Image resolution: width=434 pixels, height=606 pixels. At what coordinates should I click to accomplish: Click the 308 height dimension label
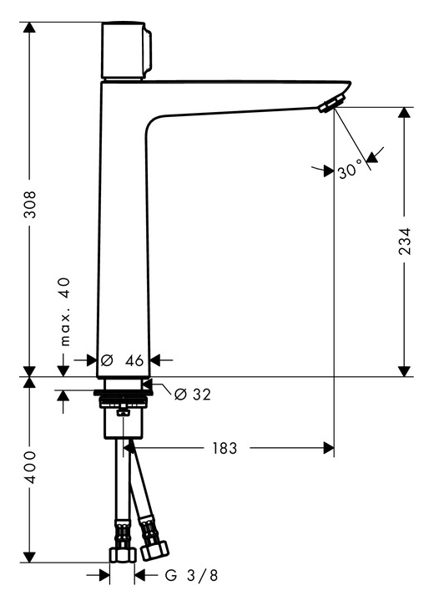click(x=30, y=204)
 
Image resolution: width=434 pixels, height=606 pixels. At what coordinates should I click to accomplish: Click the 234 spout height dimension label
click(x=404, y=242)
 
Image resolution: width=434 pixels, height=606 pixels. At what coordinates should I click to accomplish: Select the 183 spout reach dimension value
click(x=225, y=448)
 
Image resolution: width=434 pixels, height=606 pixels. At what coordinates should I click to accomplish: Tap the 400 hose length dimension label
click(x=30, y=466)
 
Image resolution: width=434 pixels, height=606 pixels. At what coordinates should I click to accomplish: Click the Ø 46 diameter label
click(x=122, y=360)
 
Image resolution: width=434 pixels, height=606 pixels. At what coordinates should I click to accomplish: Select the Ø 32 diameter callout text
click(x=193, y=395)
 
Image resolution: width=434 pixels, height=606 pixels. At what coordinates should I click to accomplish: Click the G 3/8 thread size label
click(x=191, y=575)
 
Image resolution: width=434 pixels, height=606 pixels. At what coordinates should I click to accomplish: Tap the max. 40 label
click(x=66, y=311)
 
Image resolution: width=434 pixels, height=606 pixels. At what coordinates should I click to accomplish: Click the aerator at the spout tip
click(x=331, y=103)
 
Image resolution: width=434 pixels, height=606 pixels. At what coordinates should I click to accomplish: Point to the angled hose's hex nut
click(x=154, y=550)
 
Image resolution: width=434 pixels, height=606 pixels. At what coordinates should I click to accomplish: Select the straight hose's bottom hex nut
click(x=123, y=555)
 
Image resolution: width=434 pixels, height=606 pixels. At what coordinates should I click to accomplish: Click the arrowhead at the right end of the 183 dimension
click(x=329, y=448)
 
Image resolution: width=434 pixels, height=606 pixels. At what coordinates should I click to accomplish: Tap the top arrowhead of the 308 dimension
click(x=29, y=28)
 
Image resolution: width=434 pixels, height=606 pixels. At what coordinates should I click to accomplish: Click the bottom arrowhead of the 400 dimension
click(x=29, y=557)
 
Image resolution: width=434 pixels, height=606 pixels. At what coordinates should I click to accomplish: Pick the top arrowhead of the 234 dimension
click(x=404, y=113)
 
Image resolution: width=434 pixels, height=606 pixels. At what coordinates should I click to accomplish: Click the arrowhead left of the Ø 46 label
click(x=91, y=360)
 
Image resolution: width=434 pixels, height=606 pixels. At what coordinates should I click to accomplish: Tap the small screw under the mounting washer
click(x=123, y=412)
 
